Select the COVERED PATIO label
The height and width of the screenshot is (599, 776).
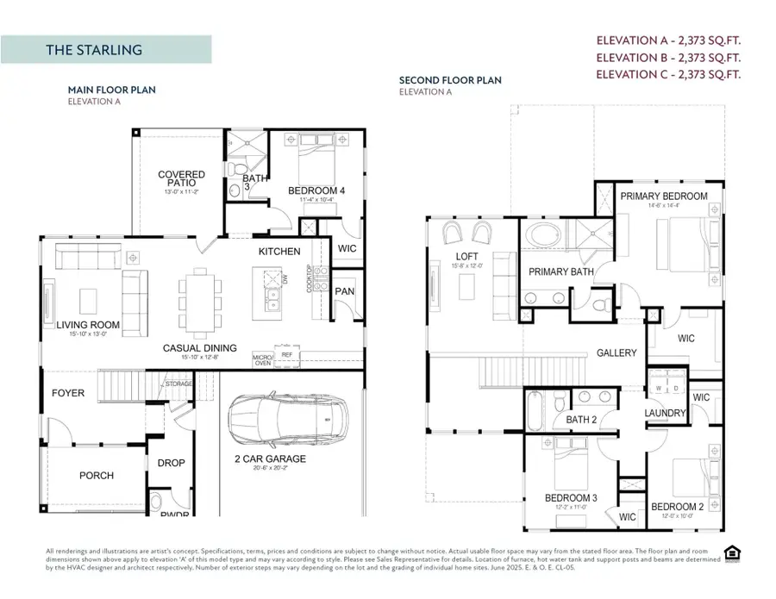(x=181, y=178)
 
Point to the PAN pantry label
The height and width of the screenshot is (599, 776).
(x=345, y=291)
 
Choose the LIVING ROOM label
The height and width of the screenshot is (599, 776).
(x=88, y=325)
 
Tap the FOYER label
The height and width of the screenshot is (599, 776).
(x=68, y=393)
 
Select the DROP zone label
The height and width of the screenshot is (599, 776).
(x=171, y=463)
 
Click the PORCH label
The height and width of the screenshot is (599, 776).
(x=97, y=475)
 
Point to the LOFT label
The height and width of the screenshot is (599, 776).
(x=467, y=257)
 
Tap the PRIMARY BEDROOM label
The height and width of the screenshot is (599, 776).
(x=664, y=197)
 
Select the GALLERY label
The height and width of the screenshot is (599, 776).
(x=616, y=353)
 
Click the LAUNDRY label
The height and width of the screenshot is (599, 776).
(x=665, y=413)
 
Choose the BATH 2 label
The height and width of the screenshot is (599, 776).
(x=582, y=420)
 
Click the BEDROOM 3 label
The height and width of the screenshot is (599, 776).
(x=571, y=498)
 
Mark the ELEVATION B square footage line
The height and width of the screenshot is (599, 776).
(x=669, y=57)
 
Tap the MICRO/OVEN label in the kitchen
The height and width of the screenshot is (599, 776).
(x=263, y=358)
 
